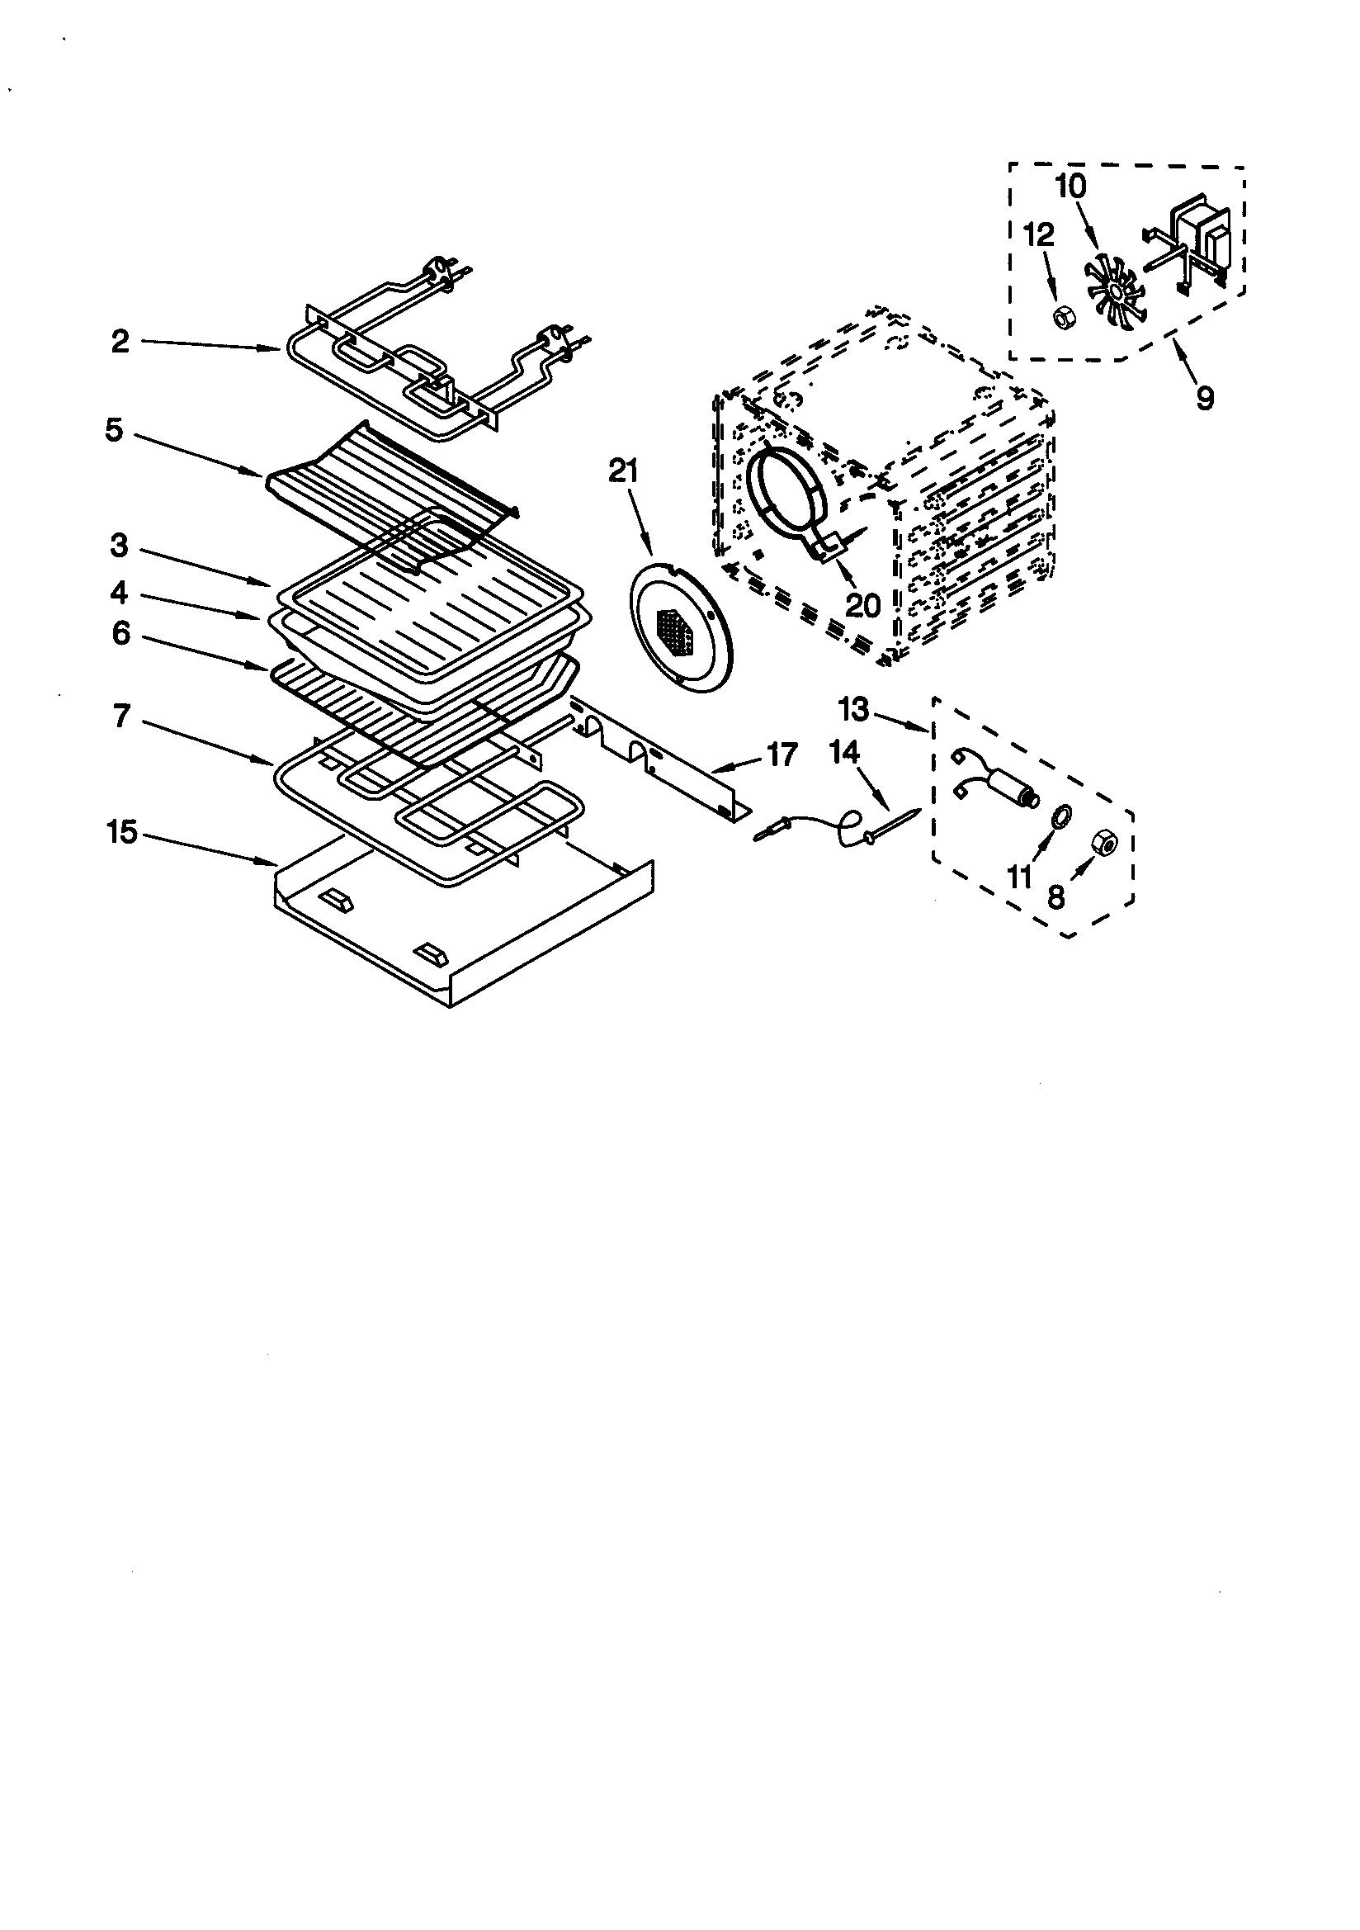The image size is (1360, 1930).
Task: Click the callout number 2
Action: pos(120,342)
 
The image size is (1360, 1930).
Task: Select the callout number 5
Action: pos(115,429)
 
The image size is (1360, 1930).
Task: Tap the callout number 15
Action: pos(122,832)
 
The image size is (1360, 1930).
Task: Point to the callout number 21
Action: pos(623,472)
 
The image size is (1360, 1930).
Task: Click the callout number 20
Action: pos(862,604)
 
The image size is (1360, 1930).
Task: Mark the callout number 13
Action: pos(853,709)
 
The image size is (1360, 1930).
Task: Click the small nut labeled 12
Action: pos(1061,318)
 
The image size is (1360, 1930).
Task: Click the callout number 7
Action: pos(122,717)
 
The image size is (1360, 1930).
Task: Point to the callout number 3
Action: pos(120,546)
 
